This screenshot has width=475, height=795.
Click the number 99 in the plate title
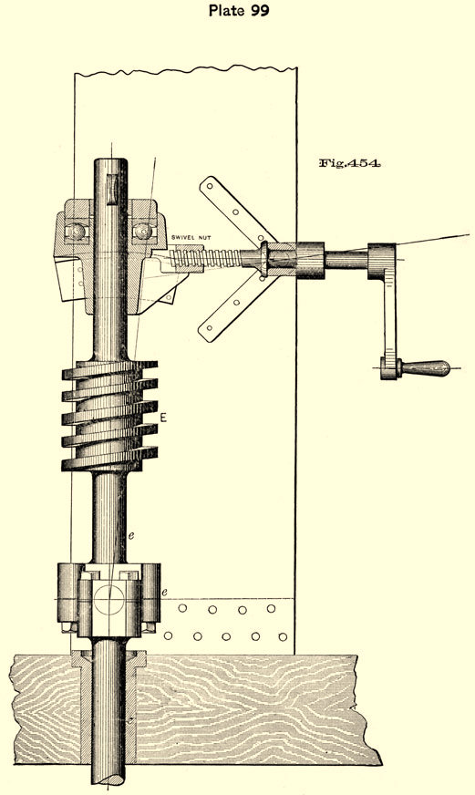tap(259, 10)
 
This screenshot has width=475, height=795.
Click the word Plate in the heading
tap(226, 10)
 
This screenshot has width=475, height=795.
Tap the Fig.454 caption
tap(349, 163)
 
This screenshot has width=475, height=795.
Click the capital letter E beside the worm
tap(163, 418)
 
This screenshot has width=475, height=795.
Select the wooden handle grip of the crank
tap(425, 368)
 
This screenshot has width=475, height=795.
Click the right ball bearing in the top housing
tap(142, 232)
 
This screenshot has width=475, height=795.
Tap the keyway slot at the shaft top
tap(111, 189)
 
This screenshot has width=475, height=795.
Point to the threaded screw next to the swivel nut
tap(206, 258)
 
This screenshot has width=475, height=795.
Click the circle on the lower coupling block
tap(108, 600)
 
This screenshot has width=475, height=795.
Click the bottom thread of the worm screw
tap(109, 460)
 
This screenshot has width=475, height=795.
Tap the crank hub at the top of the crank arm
tap(382, 261)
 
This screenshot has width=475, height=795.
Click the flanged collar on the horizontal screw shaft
tap(264, 259)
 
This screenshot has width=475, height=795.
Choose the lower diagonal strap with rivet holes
tap(237, 308)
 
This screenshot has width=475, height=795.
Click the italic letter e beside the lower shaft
tap(130, 535)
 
